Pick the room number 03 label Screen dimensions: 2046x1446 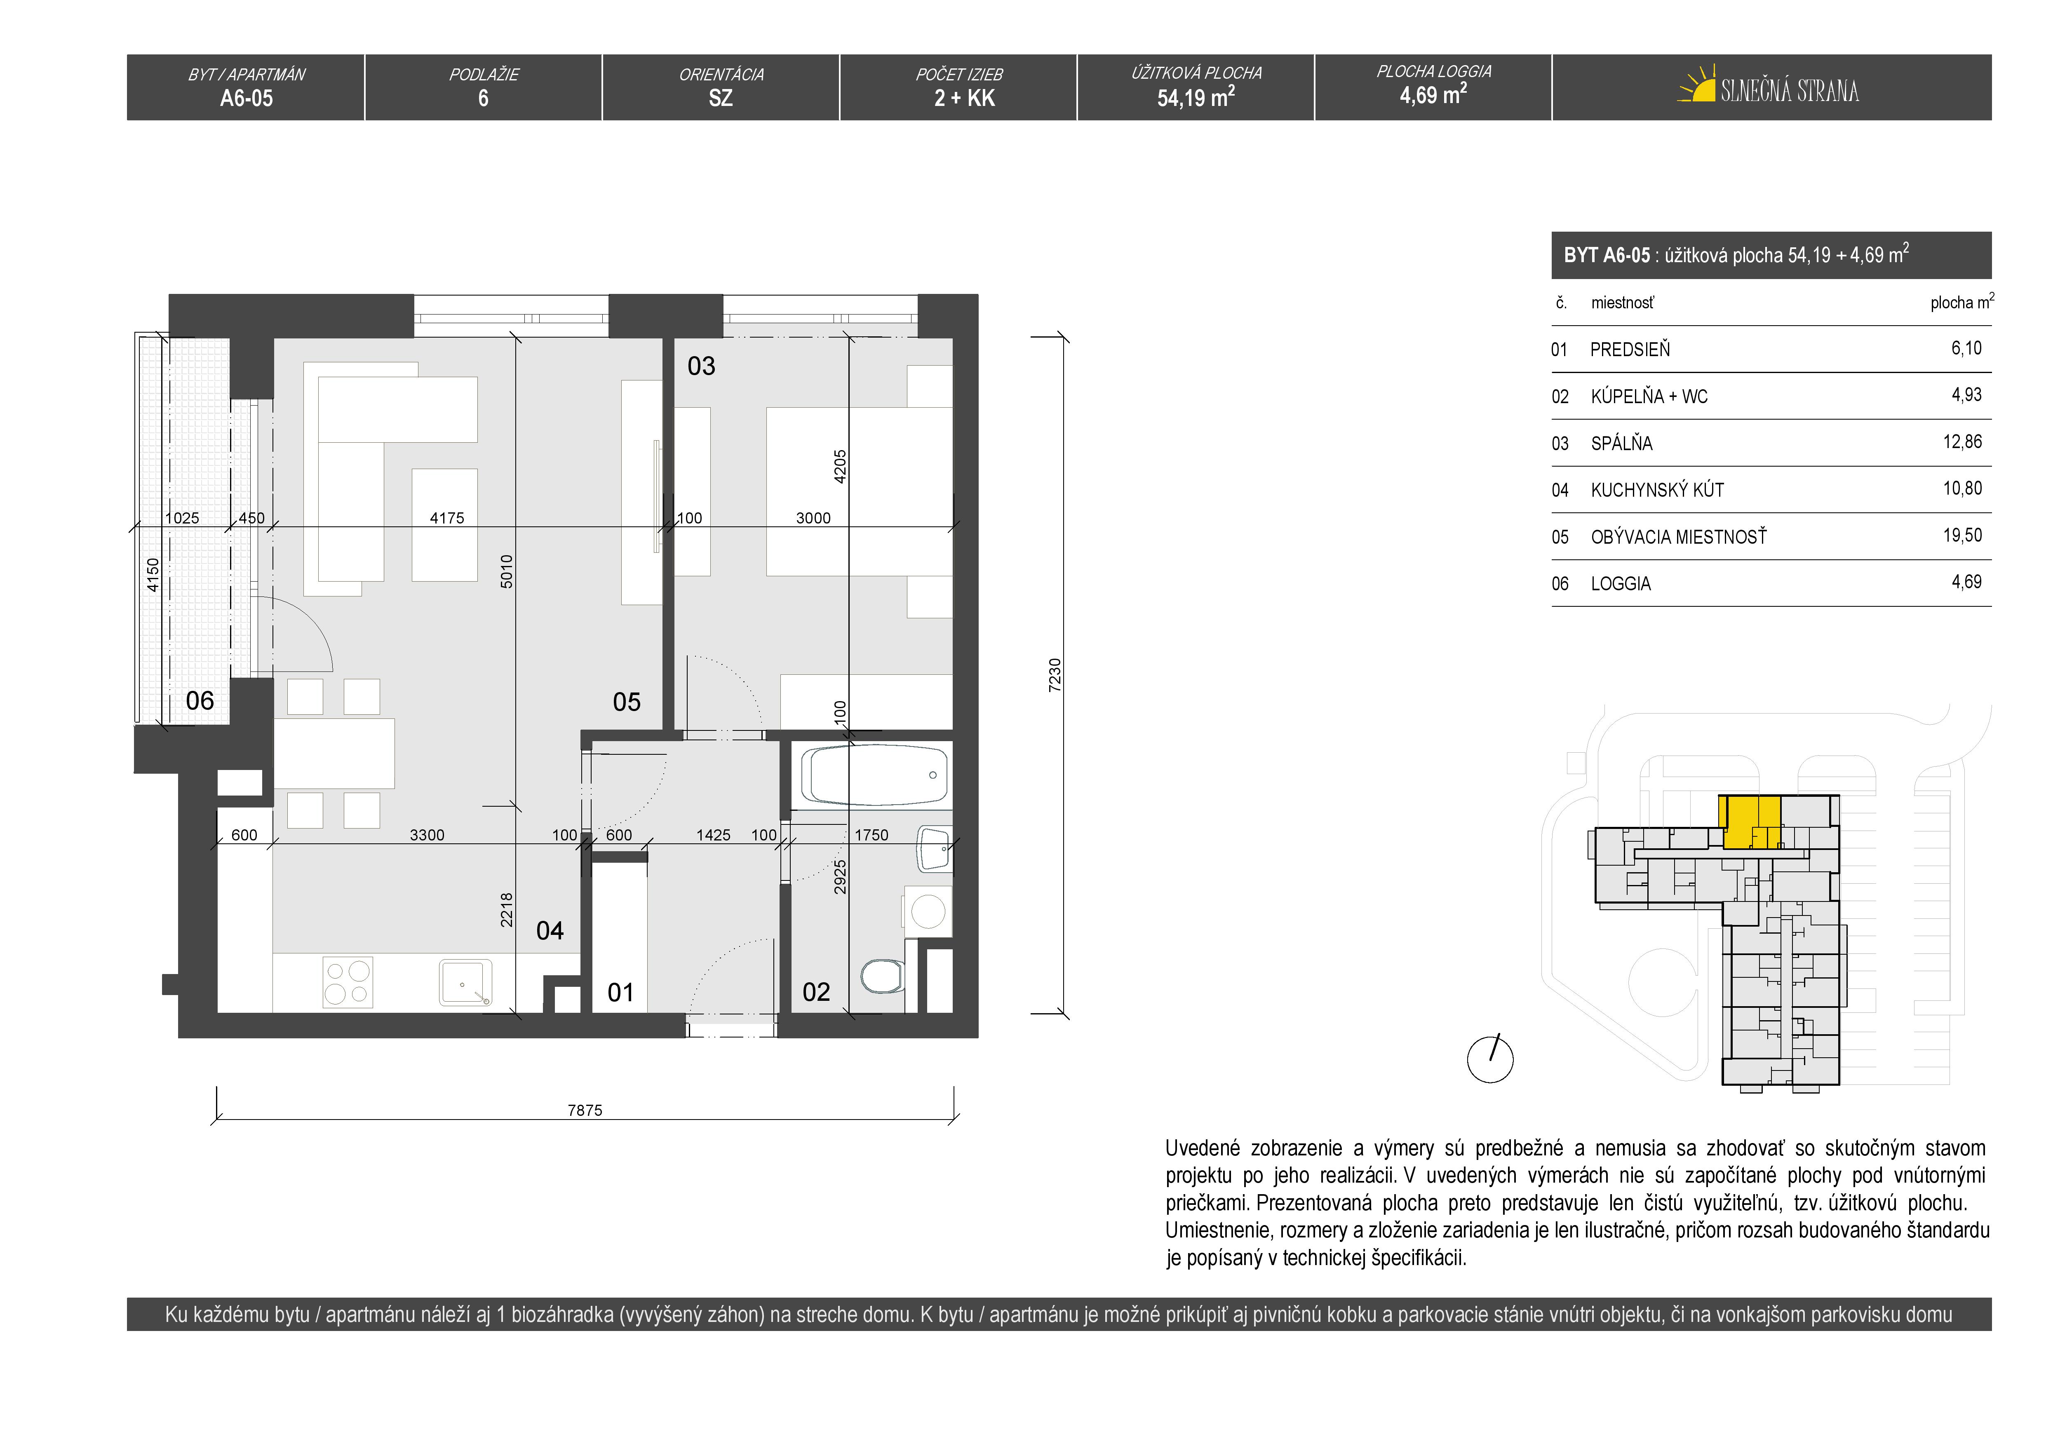pos(701,366)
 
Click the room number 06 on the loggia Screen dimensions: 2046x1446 pos(200,701)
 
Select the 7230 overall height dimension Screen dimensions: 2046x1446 pos(1055,675)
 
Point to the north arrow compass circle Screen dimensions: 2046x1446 pos(1490,1059)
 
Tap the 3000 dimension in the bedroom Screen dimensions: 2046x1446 pos(813,518)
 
